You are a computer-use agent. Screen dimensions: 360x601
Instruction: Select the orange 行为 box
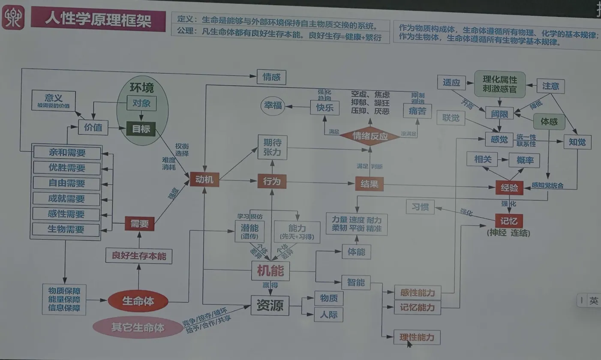point(272,181)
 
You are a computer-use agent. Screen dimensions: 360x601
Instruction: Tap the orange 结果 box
point(369,184)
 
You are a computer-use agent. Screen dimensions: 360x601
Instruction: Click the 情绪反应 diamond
point(370,136)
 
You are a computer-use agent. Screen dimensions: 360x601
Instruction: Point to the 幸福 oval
point(273,105)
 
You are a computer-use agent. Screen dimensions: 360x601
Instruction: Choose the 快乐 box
point(325,107)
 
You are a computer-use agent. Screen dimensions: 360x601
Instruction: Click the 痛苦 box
point(417,111)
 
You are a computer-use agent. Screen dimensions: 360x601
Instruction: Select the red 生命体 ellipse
point(138,301)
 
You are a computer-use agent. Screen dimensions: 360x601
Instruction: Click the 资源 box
point(270,306)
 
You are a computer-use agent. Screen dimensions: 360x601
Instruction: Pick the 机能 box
point(270,270)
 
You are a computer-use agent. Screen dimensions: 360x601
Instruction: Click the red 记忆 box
point(509,221)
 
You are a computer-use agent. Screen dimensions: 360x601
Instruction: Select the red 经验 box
point(509,187)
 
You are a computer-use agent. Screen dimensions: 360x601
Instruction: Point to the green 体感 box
point(549,122)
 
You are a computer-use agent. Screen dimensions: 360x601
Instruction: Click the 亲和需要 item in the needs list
point(67,153)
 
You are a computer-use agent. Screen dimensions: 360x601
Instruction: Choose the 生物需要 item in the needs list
point(66,229)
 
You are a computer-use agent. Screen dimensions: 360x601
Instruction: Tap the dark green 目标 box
point(141,129)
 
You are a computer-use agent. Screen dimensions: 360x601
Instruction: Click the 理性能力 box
point(417,337)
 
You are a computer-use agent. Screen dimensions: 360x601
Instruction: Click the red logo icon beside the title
point(13,18)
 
